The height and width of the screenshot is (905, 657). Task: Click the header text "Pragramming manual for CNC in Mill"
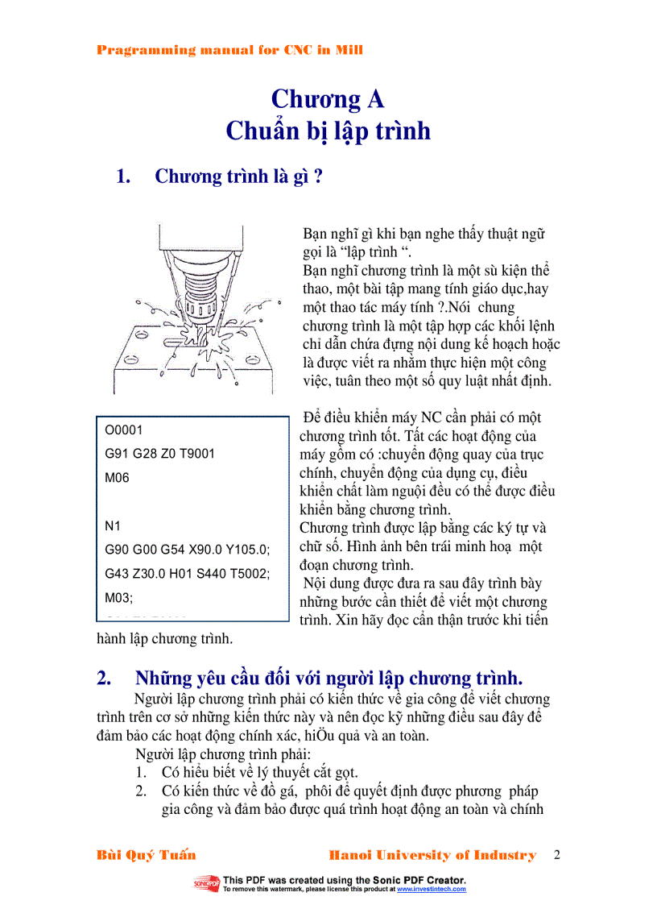tap(229, 50)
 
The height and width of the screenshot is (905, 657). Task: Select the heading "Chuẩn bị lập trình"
tap(328, 131)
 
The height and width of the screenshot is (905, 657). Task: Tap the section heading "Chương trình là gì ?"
tap(238, 176)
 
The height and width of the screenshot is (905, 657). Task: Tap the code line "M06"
tap(117, 477)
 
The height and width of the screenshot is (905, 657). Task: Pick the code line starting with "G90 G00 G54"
tap(188, 550)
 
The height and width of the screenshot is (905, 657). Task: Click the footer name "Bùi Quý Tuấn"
tap(146, 855)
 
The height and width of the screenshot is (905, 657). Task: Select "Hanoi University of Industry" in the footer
tap(432, 855)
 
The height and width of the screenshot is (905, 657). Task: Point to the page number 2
tap(556, 855)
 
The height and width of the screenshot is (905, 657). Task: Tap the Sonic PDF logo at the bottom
tap(206, 884)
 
